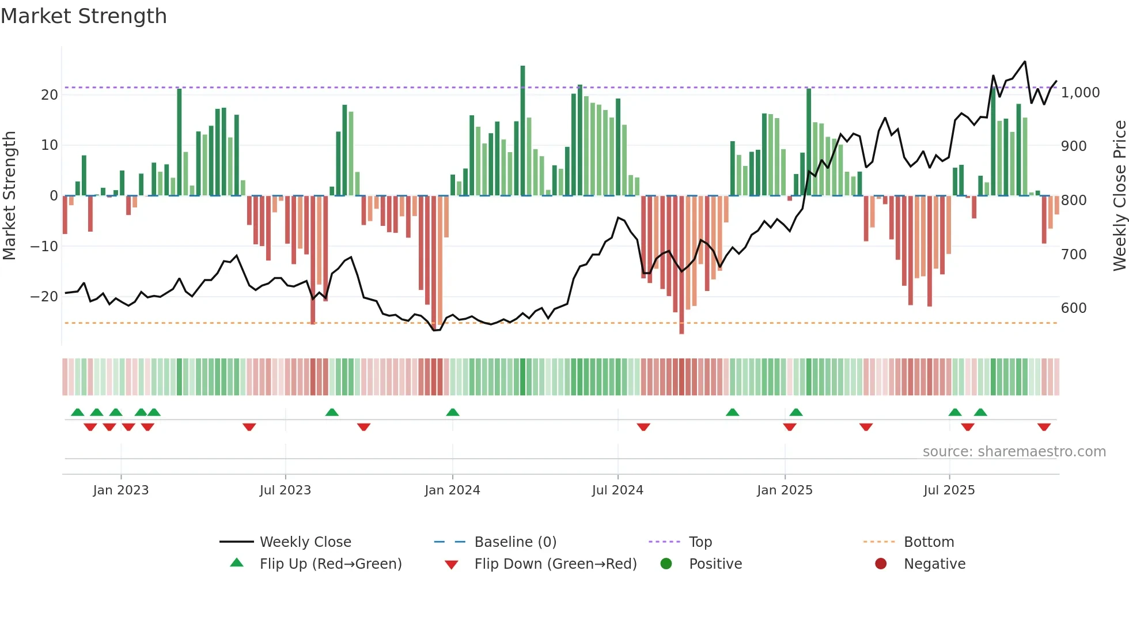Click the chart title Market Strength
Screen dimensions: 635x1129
pyautogui.click(x=84, y=16)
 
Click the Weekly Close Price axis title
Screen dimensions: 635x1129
pyautogui.click(x=1119, y=195)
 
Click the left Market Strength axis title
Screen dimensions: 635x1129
pyautogui.click(x=9, y=195)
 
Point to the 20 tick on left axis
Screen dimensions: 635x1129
pyautogui.click(x=50, y=95)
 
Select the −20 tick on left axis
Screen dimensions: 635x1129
pyautogui.click(x=44, y=297)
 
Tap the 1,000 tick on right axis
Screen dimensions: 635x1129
pyautogui.click(x=1080, y=93)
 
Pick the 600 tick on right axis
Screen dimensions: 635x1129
pyautogui.click(x=1074, y=308)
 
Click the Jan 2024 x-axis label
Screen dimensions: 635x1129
pyautogui.click(x=452, y=490)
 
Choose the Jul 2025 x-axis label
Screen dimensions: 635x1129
pyautogui.click(x=949, y=490)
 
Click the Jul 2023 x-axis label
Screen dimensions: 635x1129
pyautogui.click(x=285, y=490)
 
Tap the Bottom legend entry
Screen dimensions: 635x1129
pyautogui.click(x=929, y=542)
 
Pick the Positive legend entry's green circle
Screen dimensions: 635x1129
pyautogui.click(x=666, y=564)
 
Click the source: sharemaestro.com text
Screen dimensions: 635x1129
pyautogui.click(x=1014, y=452)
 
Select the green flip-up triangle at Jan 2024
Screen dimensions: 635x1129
pyautogui.click(x=453, y=412)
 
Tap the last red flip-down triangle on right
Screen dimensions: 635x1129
pyautogui.click(x=1044, y=427)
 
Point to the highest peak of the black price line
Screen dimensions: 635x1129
pyautogui.click(x=1025, y=62)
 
